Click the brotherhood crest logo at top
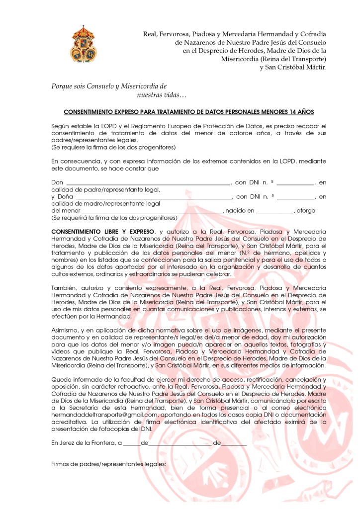pyautogui.click(x=84, y=44)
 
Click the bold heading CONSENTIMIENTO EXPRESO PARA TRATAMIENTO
pyautogui.click(x=188, y=112)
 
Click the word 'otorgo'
pyautogui.click(x=306, y=211)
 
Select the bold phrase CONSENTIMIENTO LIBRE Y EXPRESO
pyautogui.click(x=103, y=232)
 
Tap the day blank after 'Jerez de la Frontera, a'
pyautogui.click(x=132, y=443)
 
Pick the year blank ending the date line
pyautogui.click(x=234, y=443)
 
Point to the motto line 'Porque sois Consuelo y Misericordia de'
pyautogui.click(x=109, y=86)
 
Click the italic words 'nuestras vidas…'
pyautogui.click(x=161, y=94)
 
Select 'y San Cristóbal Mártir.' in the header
pyautogui.click(x=293, y=67)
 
